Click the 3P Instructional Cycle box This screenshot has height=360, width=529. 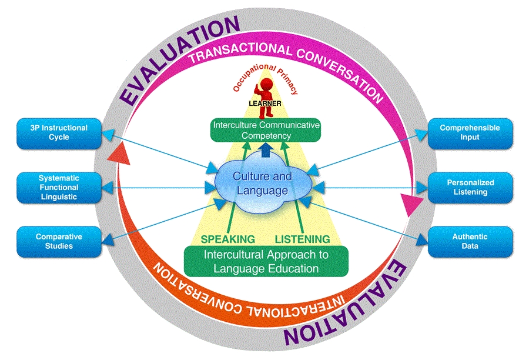[x=59, y=132]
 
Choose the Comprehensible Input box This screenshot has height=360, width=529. [x=470, y=132]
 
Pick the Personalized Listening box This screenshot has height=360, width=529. [x=470, y=188]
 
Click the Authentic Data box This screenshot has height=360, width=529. [x=470, y=241]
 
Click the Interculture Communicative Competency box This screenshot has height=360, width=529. [x=266, y=130]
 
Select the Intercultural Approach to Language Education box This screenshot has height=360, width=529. [x=266, y=261]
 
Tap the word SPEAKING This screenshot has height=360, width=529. [x=228, y=239]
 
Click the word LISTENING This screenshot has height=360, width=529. [x=303, y=239]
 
